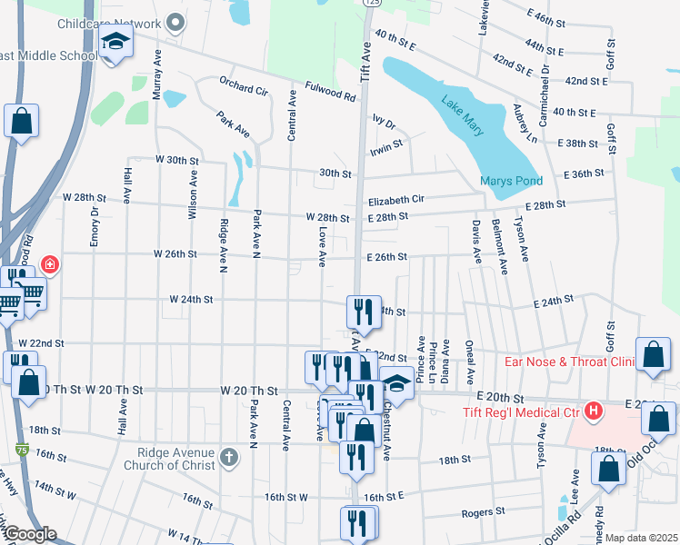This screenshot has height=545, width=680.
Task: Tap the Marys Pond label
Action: click(511, 181)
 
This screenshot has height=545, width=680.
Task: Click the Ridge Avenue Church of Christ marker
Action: click(230, 457)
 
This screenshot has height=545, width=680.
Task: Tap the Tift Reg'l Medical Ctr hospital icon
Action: click(595, 411)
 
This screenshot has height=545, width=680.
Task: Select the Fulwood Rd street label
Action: click(330, 93)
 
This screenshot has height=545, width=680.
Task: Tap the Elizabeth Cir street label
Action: click(396, 199)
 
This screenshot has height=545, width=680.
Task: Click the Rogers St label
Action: click(483, 512)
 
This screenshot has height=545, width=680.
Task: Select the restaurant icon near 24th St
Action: click(362, 312)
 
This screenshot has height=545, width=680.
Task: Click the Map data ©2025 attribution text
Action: click(640, 538)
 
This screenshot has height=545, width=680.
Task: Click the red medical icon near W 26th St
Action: click(50, 265)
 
